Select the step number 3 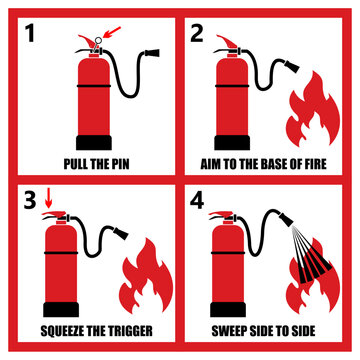[31, 200]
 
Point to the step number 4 [197, 200]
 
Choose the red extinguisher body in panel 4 [233, 265]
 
